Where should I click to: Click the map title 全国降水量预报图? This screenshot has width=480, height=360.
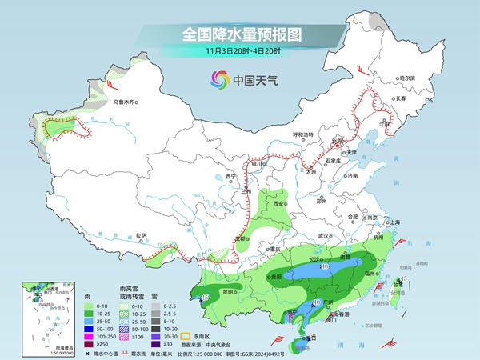point(240,34)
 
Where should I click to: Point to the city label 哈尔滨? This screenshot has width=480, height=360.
point(407,78)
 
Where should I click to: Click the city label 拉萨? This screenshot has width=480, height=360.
point(142,235)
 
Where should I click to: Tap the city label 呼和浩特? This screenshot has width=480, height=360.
point(306,134)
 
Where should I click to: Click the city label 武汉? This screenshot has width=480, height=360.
point(323,236)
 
